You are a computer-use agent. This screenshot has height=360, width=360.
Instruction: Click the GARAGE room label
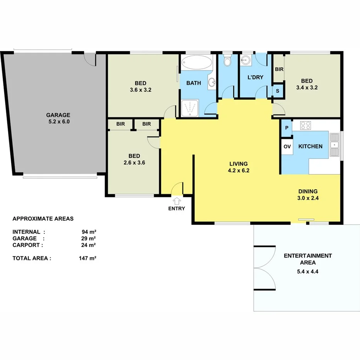[58, 115]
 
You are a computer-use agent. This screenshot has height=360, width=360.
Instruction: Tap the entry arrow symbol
[177, 201]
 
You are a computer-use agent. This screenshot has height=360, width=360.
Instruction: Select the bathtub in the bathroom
[197, 62]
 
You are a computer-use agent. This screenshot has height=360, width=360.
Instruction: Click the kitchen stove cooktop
[306, 125]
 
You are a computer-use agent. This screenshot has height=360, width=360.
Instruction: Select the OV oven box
[287, 146]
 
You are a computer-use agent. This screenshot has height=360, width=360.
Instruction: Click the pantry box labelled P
[287, 128]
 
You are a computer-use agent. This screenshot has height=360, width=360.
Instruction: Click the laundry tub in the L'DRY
[245, 60]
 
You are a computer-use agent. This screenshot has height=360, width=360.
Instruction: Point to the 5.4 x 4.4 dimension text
[308, 271]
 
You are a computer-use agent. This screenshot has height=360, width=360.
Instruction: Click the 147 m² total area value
[87, 258]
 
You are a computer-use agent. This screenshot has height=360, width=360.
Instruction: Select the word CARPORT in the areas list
[28, 245]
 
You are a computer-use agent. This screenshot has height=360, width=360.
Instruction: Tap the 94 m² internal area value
[89, 232]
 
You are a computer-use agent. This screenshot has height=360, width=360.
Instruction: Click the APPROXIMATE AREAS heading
[43, 219]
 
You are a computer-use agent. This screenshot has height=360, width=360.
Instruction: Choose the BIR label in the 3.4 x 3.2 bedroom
[279, 70]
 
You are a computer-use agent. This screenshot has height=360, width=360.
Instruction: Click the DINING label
[308, 191]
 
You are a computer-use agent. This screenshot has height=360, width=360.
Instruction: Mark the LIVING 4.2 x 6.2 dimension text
[238, 170]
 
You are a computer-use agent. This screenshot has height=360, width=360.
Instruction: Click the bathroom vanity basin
[211, 82]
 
